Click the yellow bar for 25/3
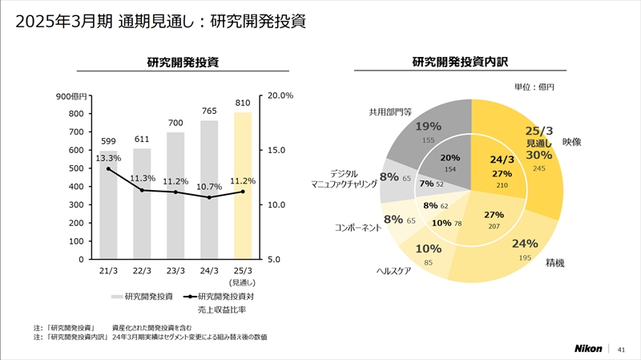(243, 192)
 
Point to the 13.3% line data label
(108, 158)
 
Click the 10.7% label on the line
(209, 187)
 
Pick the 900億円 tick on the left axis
(72, 96)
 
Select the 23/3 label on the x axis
(175, 270)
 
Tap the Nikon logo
(590, 349)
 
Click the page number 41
(621, 349)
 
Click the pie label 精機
(555, 262)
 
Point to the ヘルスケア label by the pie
(393, 271)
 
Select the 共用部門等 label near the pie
(390, 112)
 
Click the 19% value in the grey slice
(429, 126)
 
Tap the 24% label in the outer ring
(525, 244)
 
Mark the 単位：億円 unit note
(534, 87)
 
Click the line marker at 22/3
(142, 190)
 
